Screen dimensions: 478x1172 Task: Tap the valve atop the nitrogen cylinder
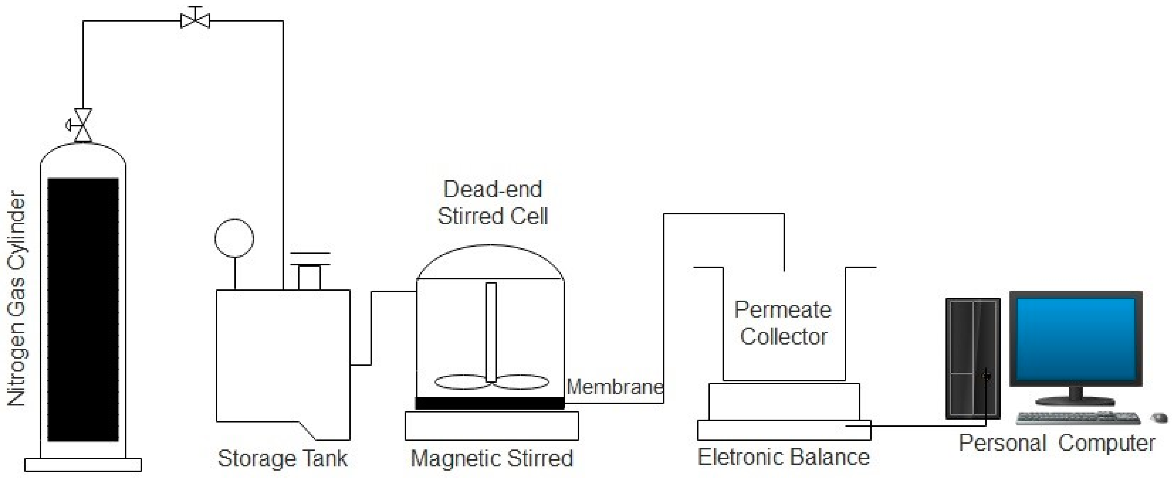tap(83, 125)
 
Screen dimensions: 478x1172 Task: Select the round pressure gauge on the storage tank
tap(234, 238)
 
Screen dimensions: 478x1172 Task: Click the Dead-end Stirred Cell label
tap(493, 203)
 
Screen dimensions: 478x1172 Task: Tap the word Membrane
tap(615, 387)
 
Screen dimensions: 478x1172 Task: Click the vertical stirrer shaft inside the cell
tap(491, 332)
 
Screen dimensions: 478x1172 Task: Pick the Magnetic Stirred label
tap(492, 458)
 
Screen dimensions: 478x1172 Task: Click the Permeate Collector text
tap(783, 323)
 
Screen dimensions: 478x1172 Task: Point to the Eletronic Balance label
tap(784, 457)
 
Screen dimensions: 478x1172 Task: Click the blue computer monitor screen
tap(1076, 340)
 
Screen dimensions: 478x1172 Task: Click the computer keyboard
tap(1078, 417)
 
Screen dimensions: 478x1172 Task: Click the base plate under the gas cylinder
tap(83, 465)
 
